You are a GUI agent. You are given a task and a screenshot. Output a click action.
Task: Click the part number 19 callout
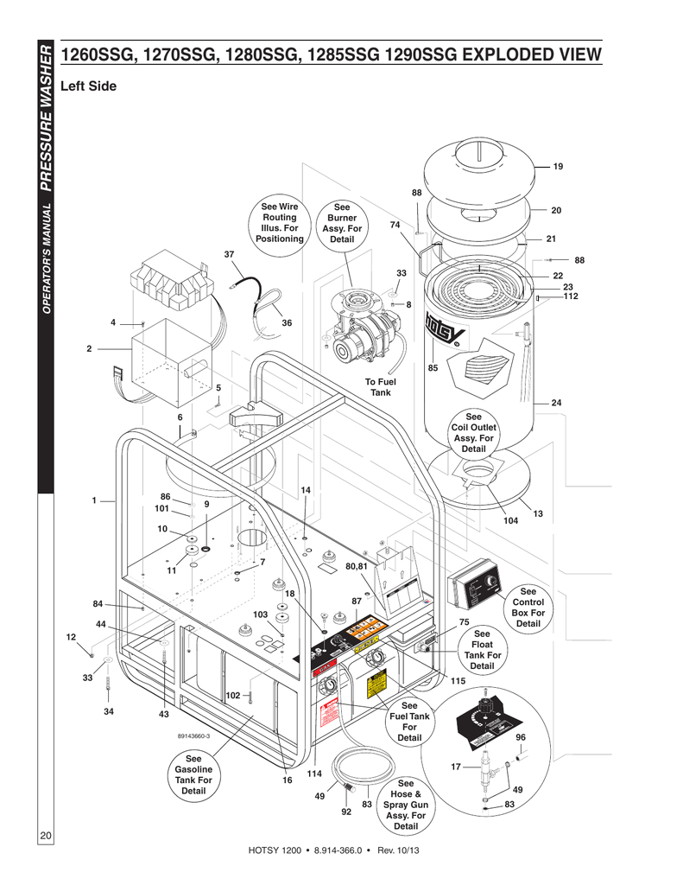558,166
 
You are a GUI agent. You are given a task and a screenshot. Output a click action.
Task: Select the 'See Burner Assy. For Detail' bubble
342,223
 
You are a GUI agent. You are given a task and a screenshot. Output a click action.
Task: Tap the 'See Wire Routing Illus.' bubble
279,222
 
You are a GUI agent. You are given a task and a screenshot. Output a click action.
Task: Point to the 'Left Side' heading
88,87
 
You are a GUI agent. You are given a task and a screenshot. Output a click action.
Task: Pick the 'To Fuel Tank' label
380,386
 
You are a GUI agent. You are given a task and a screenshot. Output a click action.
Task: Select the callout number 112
570,296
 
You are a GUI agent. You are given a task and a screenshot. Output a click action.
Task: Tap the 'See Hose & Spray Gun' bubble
405,805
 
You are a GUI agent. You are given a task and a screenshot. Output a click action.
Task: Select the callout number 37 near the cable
229,254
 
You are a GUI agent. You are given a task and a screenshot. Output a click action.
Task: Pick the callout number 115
458,680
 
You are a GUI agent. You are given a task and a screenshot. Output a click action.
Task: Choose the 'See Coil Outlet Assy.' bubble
473,432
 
